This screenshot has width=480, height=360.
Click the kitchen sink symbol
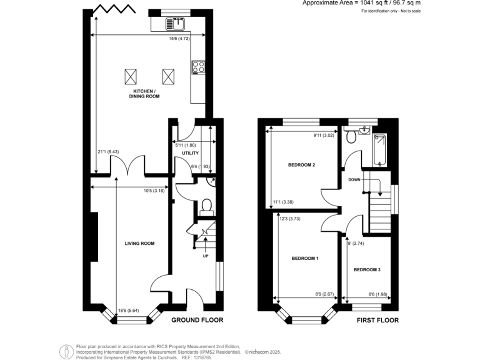173,24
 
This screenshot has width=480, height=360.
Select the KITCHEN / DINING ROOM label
144,94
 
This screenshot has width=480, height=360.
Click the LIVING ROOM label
139,243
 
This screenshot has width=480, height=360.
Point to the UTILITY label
190,153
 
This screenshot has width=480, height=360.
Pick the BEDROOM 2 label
301,166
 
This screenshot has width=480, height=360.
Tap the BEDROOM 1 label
305,257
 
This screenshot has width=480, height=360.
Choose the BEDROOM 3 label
367,270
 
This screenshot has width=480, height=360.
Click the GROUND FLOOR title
197,320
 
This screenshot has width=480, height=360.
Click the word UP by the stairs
205,256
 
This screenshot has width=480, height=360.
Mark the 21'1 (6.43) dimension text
109,151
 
